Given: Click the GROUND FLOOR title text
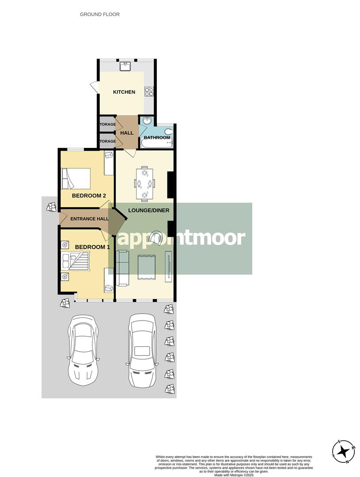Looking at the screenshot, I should point(99,15).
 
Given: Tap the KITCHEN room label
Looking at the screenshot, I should point(124,92).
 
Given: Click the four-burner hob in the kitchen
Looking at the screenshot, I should point(149,91).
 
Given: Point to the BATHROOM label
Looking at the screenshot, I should point(157,138).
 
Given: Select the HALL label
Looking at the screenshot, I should point(127,133).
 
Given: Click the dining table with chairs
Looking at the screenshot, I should point(144,183).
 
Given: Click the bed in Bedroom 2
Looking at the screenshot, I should point(76,178).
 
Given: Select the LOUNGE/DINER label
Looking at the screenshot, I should point(148,210).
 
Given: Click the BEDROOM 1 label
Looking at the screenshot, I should point(92,247).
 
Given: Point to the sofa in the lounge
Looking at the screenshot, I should point(121,267).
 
